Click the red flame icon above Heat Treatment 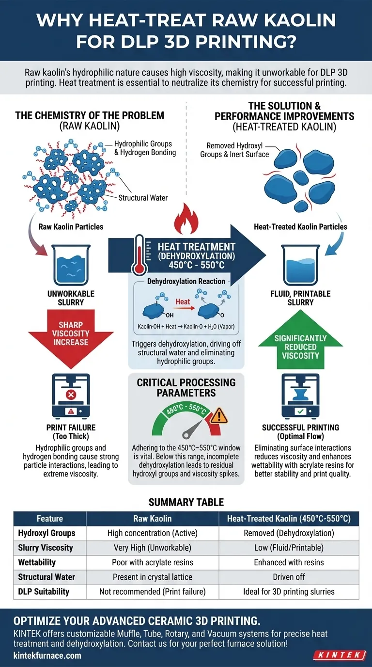[x=186, y=219]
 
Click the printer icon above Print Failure [x=71, y=396]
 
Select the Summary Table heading [x=186, y=502]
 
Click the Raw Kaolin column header [x=153, y=519]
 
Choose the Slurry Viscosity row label [x=46, y=548]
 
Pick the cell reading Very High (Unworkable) [x=153, y=548]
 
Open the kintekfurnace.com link [x=47, y=656]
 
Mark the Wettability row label [x=37, y=563]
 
